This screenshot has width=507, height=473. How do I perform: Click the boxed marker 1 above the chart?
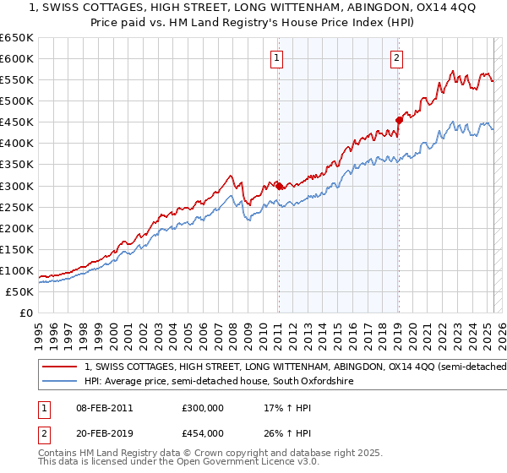277,58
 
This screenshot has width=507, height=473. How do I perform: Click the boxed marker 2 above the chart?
396,58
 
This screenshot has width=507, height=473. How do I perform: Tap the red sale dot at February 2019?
399,120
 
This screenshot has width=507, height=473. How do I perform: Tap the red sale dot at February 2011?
279,185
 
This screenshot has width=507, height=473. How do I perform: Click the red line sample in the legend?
59,367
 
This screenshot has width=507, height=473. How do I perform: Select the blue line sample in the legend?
59,382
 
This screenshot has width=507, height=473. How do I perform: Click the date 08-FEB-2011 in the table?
105,407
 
